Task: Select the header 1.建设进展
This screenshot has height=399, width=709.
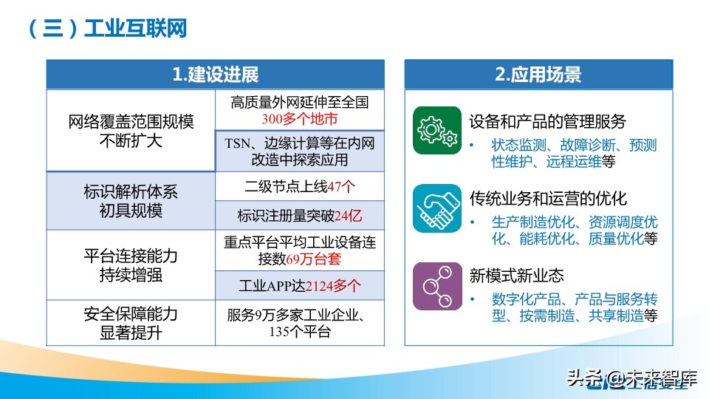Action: point(215,75)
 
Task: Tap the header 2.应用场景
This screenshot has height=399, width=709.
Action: point(538,75)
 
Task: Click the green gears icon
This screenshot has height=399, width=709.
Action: point(436,130)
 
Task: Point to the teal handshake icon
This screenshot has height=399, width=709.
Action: point(436,208)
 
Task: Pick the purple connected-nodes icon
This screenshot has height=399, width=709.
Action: point(436,285)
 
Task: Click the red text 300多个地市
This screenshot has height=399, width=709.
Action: point(300,118)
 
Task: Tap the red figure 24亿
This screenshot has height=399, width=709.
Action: point(348,216)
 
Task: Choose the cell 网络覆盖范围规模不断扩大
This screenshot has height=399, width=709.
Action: point(131,131)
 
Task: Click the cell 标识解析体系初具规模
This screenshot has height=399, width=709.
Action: point(131,201)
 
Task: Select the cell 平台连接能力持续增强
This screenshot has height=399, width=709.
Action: point(131,265)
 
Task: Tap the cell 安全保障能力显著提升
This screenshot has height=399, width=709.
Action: point(131,323)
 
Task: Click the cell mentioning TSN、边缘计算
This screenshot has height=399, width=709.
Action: point(300,151)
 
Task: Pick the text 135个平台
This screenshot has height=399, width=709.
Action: point(300,332)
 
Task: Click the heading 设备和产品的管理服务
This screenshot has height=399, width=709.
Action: point(548,121)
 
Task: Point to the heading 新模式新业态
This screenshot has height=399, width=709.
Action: point(517,276)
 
